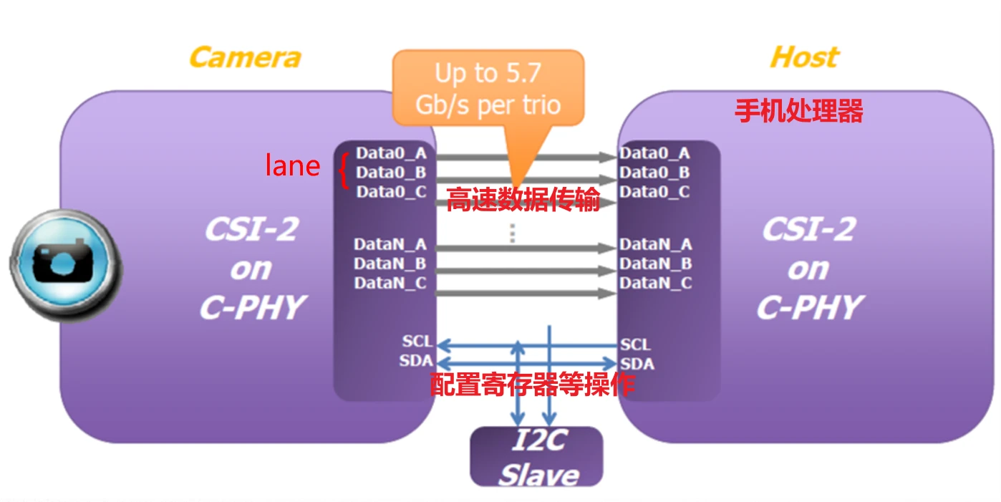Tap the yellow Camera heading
point(244,57)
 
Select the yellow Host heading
point(803,57)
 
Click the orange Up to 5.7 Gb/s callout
point(488,89)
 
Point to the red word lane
point(292,166)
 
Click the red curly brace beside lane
point(344,172)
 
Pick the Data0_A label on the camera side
point(391,153)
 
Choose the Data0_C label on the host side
point(654,192)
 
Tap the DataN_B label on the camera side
point(390,264)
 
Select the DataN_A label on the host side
point(655,244)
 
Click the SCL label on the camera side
point(417,342)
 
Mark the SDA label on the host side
point(637,363)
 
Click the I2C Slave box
point(536,457)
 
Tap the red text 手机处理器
point(798,111)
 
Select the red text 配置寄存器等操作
point(532,385)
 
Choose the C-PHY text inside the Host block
point(808,308)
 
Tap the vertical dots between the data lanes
point(512,233)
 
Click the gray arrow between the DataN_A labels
point(526,248)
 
